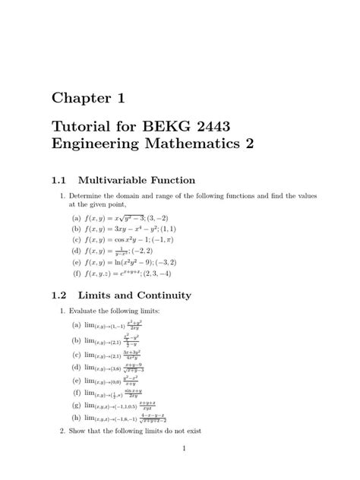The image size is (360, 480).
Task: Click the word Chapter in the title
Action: click(x=82, y=98)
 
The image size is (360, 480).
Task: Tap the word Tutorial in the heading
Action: click(x=83, y=125)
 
